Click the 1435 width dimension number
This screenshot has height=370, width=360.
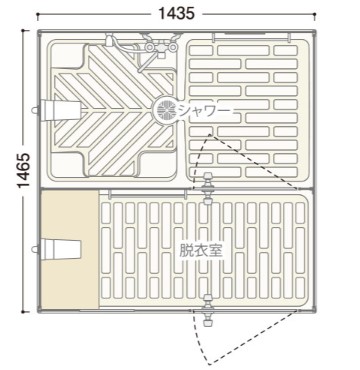[176, 13]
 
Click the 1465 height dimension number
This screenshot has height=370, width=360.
[24, 171]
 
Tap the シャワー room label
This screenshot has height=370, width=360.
[204, 110]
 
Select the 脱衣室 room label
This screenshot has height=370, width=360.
[201, 250]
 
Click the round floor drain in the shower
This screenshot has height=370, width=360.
[166, 109]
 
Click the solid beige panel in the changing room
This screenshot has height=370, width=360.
[70, 249]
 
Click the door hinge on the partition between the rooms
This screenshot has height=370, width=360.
[208, 188]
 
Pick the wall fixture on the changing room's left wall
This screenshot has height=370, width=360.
[57, 249]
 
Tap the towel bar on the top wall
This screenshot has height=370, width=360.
[252, 35]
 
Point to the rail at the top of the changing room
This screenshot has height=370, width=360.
[148, 192]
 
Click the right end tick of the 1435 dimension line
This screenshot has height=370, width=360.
[315, 14]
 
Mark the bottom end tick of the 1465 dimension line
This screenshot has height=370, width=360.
[23, 312]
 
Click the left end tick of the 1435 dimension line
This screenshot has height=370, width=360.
[37, 14]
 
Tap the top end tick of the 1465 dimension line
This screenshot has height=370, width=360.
[23, 31]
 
